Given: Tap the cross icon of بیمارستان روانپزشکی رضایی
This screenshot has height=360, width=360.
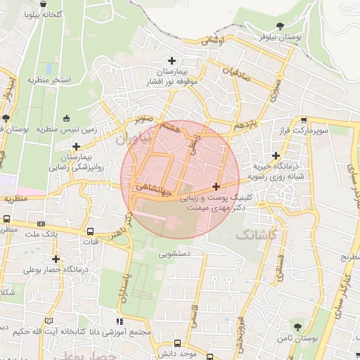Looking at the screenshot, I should (x=76, y=146).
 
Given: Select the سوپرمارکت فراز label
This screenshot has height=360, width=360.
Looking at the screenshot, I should (x=302, y=131).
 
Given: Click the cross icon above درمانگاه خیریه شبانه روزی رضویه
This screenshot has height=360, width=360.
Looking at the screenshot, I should (x=276, y=155).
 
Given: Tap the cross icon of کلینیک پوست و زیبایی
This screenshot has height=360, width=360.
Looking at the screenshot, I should (x=216, y=186).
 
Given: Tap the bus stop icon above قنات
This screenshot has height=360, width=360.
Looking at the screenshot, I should (x=90, y=231).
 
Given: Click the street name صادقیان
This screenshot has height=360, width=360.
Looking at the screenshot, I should (x=236, y=72).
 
